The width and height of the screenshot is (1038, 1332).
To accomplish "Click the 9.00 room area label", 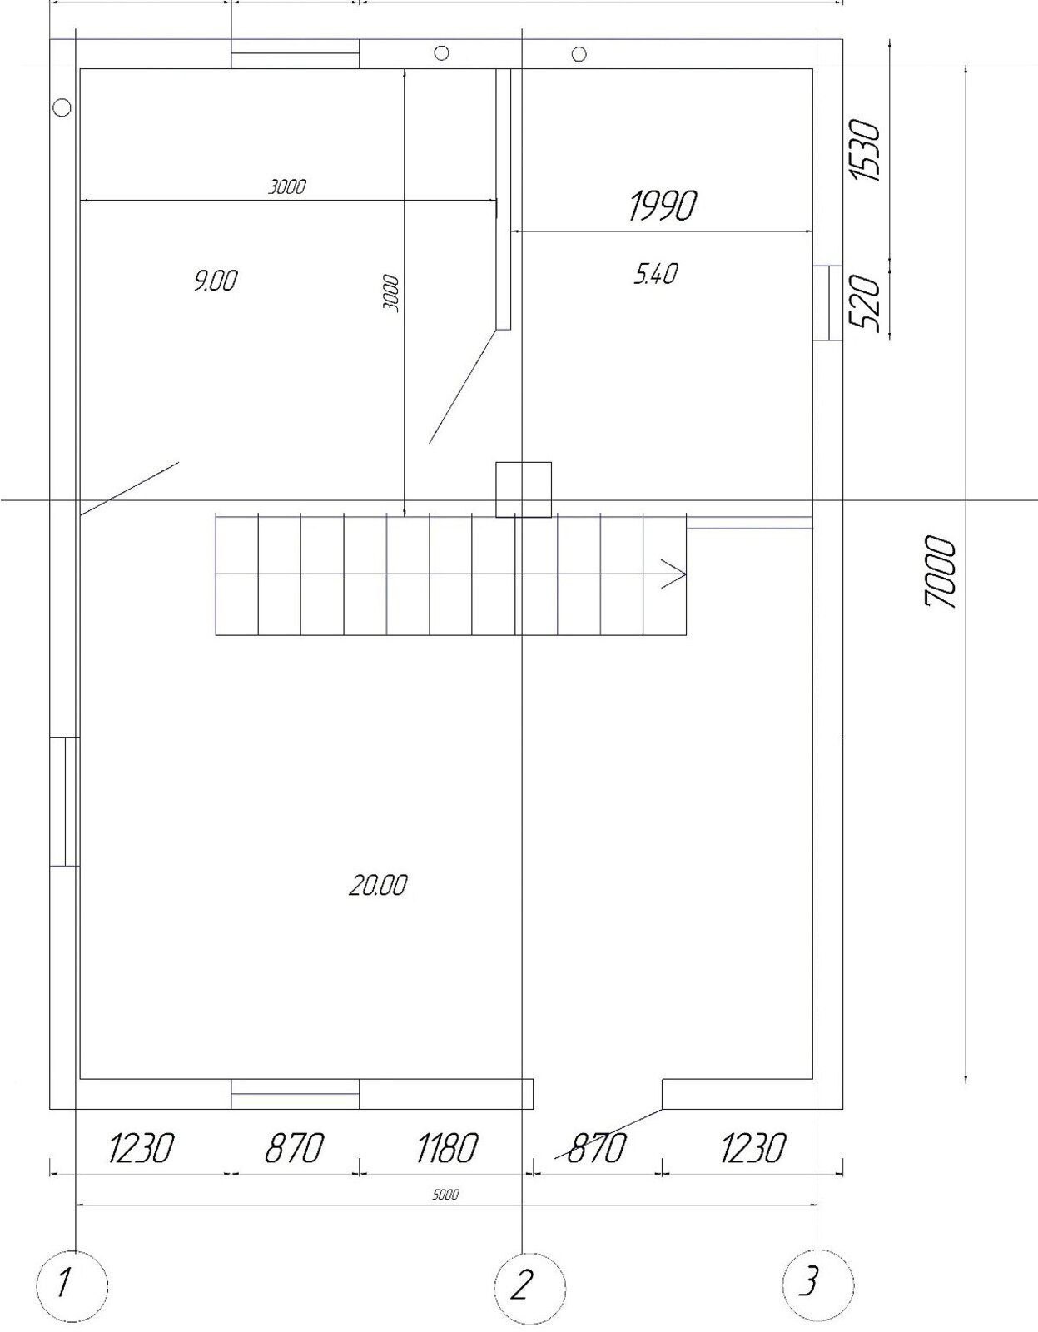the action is pos(215,281).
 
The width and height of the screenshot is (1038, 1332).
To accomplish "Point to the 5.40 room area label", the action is pos(656,274).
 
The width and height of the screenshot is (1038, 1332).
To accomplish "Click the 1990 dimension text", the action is pos(663,206).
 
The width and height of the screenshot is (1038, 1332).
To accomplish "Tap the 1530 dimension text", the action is pos(865,151).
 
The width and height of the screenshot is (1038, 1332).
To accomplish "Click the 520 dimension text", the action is pos(865,303).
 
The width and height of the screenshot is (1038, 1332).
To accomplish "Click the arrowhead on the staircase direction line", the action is pos(675,574).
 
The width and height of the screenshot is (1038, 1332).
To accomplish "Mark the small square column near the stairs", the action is pos(524,490).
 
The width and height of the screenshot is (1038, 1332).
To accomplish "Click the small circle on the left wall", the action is pos(62,107).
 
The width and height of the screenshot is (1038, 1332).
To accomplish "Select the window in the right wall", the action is pos(828,303).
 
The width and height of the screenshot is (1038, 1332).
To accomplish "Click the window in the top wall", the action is pos(295,54).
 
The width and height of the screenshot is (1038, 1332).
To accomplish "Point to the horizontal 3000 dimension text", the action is pos(287,186).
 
